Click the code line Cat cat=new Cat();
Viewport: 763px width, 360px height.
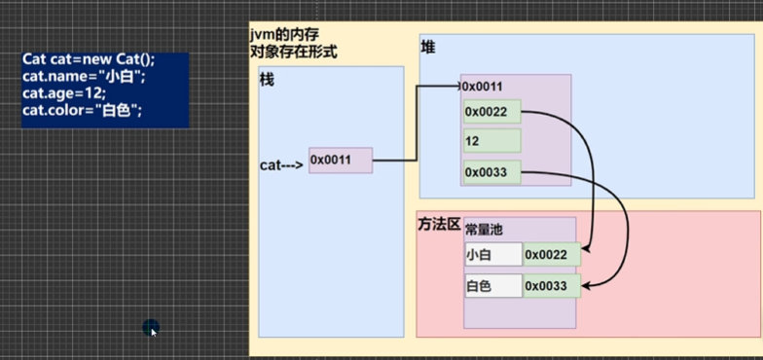(x=89, y=59)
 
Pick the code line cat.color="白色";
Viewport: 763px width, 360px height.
(x=83, y=111)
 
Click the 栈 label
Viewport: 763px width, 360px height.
(x=267, y=80)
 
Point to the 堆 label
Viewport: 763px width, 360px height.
(x=428, y=48)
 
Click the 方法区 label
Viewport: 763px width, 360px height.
(x=437, y=225)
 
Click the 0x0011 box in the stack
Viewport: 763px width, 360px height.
(x=341, y=161)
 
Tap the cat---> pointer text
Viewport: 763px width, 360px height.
(x=281, y=164)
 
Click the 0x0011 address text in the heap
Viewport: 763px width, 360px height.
(x=484, y=87)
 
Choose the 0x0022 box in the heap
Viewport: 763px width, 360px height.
(x=491, y=112)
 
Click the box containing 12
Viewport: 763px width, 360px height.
(x=491, y=142)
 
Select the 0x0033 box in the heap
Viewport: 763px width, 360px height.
(x=491, y=173)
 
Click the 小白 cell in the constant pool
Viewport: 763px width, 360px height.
(x=492, y=255)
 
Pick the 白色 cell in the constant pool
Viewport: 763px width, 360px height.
(x=492, y=286)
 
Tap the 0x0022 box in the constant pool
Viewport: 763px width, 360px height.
(x=551, y=255)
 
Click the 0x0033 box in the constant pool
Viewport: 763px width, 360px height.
(x=551, y=286)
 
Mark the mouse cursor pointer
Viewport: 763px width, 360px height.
(x=151, y=329)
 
